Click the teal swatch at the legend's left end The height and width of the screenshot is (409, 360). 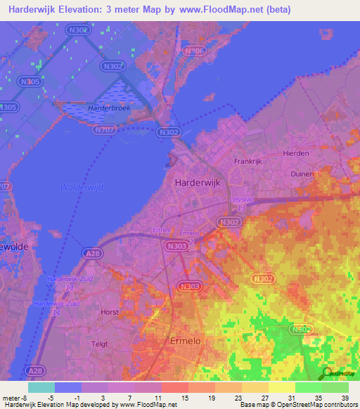[x=41, y=387]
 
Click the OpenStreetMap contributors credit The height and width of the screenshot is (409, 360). [x=317, y=405]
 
